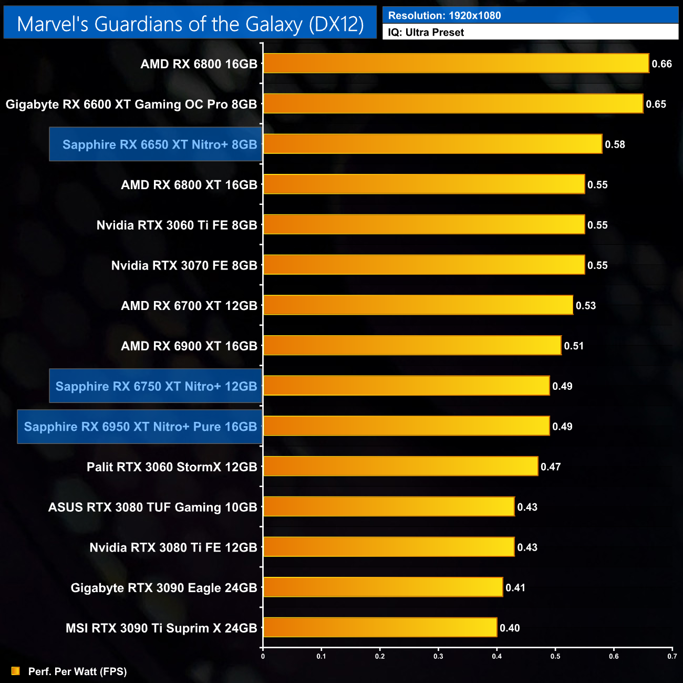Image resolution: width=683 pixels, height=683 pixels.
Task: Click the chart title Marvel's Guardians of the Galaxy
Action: [190, 24]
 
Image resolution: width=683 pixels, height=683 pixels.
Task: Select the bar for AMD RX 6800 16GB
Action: [456, 63]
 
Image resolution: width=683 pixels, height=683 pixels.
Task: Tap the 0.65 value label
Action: [656, 104]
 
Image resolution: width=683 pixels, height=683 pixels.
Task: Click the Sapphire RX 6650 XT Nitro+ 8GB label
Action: [160, 144]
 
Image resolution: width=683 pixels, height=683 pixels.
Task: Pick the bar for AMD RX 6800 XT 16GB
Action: [423, 184]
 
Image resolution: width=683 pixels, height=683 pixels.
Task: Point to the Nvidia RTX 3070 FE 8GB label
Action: [184, 265]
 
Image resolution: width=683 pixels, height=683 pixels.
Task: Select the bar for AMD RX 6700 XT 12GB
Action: [418, 305]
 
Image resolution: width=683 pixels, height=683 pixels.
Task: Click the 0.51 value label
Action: [574, 346]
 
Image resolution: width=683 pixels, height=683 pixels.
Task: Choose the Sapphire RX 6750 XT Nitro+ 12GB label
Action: [156, 386]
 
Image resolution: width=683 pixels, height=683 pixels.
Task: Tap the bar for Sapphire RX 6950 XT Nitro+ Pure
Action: [406, 426]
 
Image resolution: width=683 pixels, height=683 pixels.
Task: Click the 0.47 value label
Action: [551, 467]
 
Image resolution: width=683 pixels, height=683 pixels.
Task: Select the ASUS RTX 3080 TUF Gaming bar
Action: [388, 506]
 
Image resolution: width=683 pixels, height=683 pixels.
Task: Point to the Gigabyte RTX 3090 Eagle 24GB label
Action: [164, 587]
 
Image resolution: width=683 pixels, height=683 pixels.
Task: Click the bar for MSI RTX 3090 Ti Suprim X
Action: [380, 627]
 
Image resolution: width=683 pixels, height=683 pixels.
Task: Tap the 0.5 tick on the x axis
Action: [555, 656]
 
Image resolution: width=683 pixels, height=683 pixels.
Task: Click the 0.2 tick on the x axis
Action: [380, 656]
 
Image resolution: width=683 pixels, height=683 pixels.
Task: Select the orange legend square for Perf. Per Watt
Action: [16, 671]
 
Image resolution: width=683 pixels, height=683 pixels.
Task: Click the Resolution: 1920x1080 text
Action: [444, 16]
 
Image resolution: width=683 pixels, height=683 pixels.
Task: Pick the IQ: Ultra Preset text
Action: [426, 33]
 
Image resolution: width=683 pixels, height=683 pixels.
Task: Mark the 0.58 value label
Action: [615, 144]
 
